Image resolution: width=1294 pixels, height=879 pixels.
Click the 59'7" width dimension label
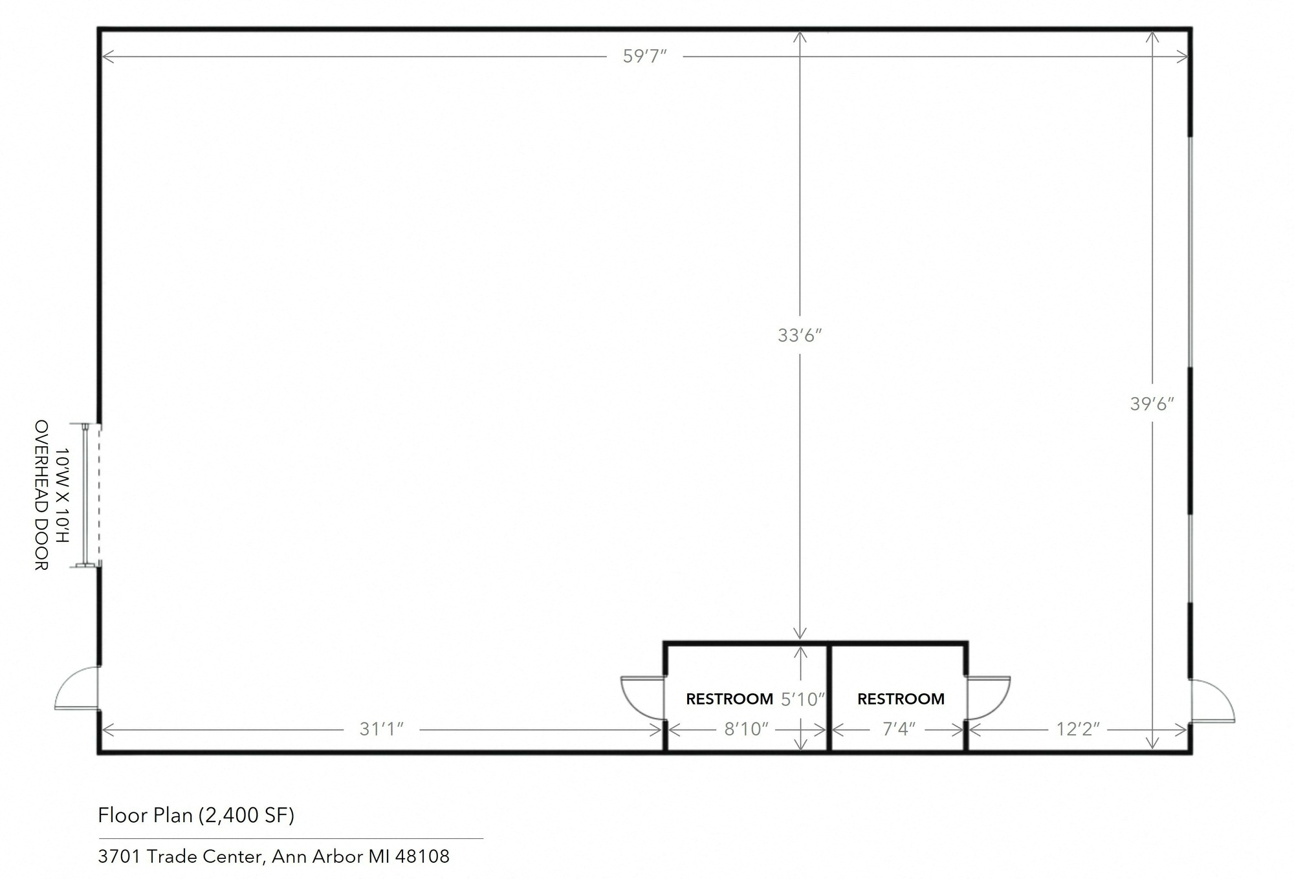click(x=644, y=56)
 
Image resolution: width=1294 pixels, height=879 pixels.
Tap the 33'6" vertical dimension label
click(x=800, y=335)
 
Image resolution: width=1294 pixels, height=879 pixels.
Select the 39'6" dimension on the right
click(x=1152, y=404)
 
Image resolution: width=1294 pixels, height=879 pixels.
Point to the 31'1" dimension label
click(x=382, y=729)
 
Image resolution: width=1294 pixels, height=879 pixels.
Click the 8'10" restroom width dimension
click(x=746, y=729)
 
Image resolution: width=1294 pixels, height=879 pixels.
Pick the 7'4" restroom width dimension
click(x=899, y=729)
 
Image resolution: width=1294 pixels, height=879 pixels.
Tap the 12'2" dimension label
click(x=1078, y=729)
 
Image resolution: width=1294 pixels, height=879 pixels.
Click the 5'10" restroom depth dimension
click(x=803, y=699)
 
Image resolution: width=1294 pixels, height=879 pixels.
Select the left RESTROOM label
click(x=729, y=699)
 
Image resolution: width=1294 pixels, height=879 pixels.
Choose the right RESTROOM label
click(x=901, y=699)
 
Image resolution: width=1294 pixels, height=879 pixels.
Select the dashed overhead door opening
click(x=99, y=495)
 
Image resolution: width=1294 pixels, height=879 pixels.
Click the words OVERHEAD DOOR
click(x=41, y=495)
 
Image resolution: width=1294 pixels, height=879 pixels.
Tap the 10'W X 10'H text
click(x=62, y=495)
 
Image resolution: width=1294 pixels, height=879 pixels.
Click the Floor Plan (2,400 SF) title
click(x=196, y=815)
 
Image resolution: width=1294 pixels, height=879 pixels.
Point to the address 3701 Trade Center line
click(x=274, y=856)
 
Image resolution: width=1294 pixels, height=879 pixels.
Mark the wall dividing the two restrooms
click(x=829, y=697)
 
